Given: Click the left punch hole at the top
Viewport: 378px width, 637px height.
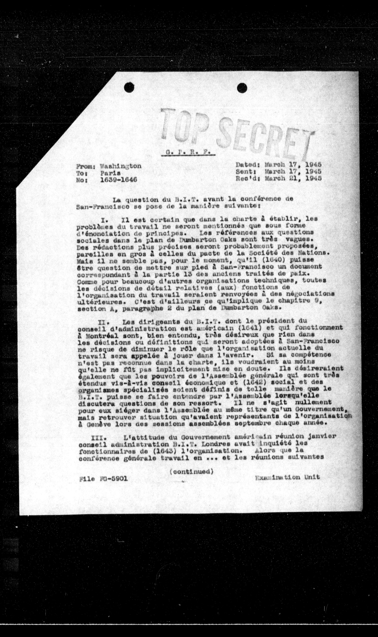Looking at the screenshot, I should pyautogui.click(x=129, y=88).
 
